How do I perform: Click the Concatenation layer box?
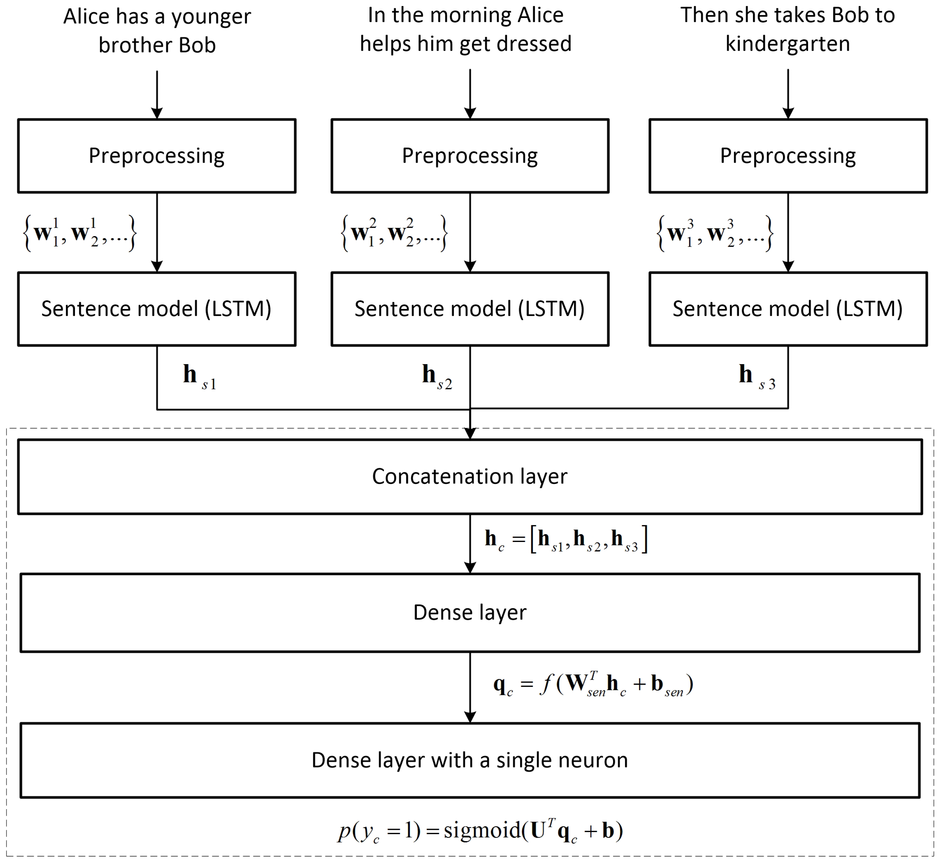tap(469, 476)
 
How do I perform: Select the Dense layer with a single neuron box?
tap(469, 760)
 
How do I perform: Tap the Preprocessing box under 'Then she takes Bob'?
tap(788, 155)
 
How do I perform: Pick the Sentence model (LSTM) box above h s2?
tap(469, 308)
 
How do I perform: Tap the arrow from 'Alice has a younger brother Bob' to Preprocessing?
tap(157, 94)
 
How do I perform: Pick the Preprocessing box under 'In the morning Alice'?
tap(469, 155)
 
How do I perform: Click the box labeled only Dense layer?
tap(469, 612)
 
